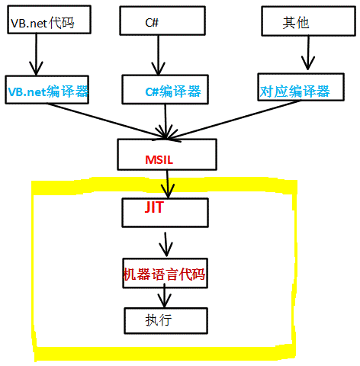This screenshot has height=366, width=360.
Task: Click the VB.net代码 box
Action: click(48, 21)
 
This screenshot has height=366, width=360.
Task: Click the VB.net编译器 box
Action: click(47, 91)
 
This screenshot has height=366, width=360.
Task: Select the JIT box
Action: click(164, 211)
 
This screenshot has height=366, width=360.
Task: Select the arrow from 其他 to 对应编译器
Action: click(307, 53)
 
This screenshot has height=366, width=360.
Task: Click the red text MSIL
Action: click(160, 160)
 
